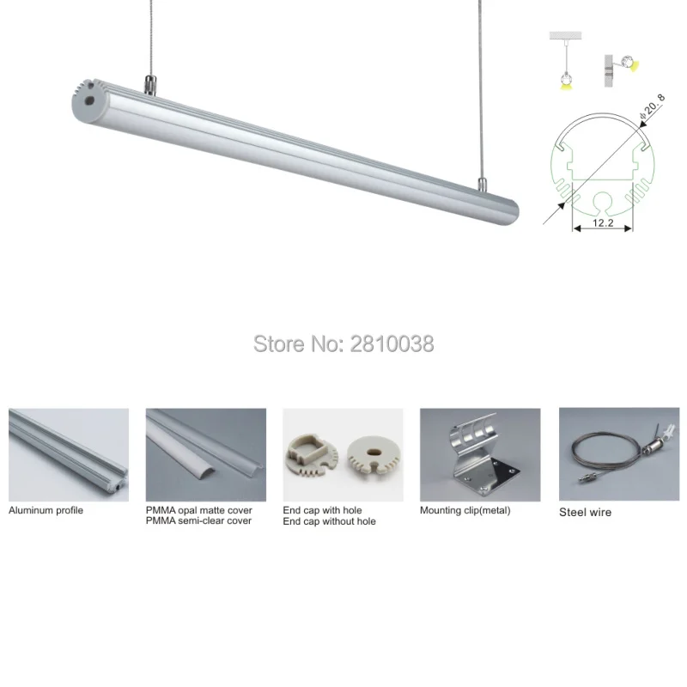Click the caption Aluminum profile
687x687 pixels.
46,510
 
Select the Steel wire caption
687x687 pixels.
585,512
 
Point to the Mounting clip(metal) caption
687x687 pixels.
465,510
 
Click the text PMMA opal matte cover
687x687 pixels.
198,510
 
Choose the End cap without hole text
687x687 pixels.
329,521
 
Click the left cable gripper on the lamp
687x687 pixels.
149,86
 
